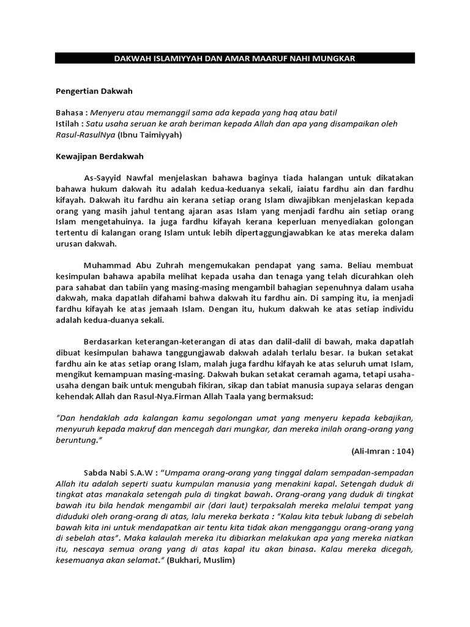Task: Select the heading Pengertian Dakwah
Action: [94, 91]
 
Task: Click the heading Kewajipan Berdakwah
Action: [99, 156]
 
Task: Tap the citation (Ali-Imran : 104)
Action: [383, 451]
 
